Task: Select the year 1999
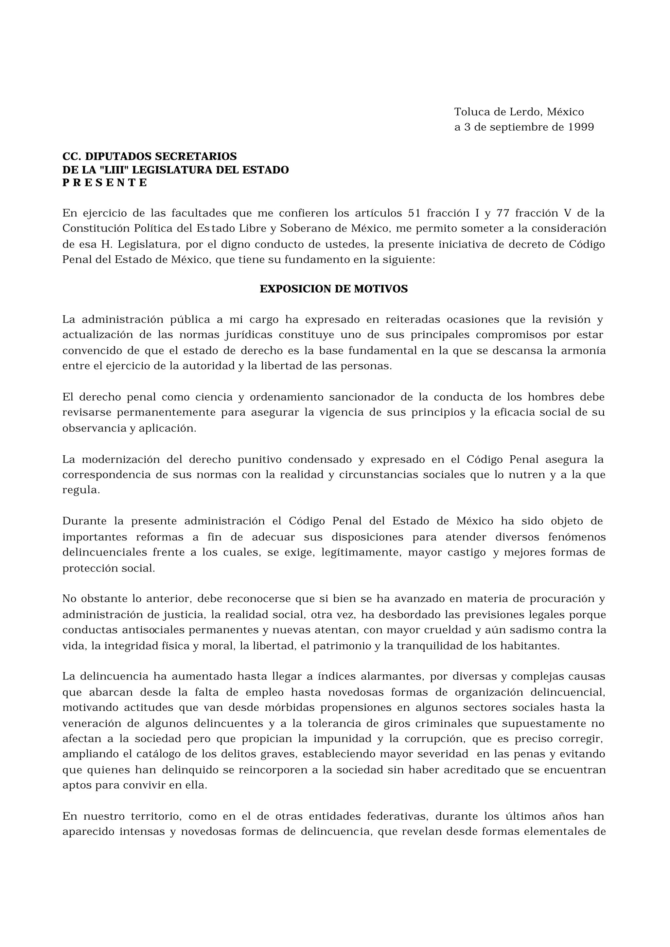coord(581,127)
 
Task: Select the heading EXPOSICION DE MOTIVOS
coord(333,289)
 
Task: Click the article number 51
coord(414,213)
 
